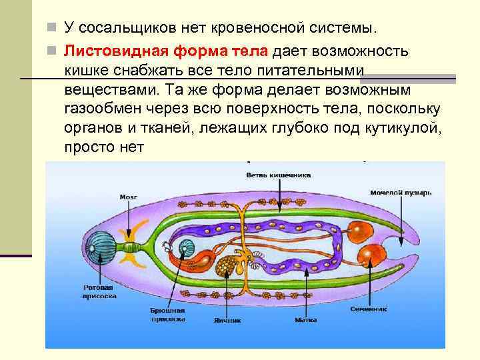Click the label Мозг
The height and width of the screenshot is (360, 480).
click(x=129, y=197)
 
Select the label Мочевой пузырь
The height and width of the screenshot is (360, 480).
click(x=401, y=192)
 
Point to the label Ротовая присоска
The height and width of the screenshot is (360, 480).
click(x=100, y=291)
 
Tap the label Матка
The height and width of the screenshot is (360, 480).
click(x=305, y=319)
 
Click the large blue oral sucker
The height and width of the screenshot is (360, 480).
click(x=103, y=241)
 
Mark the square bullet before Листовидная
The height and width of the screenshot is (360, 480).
click(x=55, y=51)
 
